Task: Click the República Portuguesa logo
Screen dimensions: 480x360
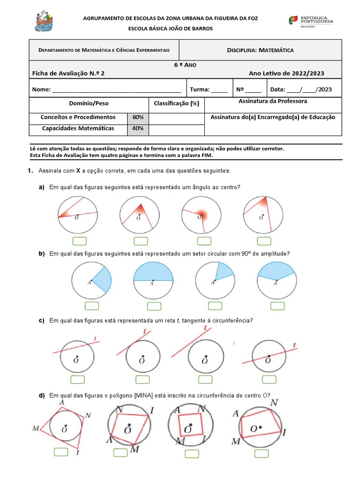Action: click(x=311, y=21)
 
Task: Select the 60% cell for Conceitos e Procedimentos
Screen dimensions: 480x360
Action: click(x=138, y=117)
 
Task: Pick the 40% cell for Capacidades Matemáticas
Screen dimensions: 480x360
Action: click(x=138, y=128)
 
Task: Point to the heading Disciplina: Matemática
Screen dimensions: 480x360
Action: click(x=260, y=50)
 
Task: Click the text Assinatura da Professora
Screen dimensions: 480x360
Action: click(x=273, y=101)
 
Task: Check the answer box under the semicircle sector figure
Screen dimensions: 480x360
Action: click(x=154, y=306)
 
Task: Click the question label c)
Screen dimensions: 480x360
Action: click(x=42, y=321)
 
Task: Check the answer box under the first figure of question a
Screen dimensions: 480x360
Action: click(x=80, y=241)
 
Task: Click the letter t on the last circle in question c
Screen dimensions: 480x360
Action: click(x=294, y=345)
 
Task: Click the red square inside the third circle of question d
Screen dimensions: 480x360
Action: click(x=191, y=426)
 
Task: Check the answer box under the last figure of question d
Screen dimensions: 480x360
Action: click(x=262, y=453)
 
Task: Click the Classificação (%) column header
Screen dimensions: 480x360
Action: click(x=176, y=103)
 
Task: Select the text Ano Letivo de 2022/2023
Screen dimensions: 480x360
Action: click(x=286, y=73)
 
